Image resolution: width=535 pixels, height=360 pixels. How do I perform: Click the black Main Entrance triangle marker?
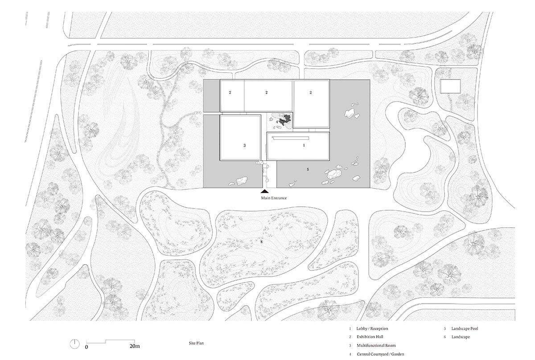[x=265, y=191]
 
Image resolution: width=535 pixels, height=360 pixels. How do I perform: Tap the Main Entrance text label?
[x=274, y=198]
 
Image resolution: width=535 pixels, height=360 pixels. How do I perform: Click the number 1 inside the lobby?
[x=304, y=145]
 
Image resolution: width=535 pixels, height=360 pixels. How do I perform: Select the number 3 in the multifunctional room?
[x=244, y=145]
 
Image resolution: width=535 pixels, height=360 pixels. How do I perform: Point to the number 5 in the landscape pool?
[x=308, y=169]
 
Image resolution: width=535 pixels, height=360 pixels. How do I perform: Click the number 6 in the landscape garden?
[x=262, y=242]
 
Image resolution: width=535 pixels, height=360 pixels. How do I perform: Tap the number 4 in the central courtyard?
[x=277, y=122]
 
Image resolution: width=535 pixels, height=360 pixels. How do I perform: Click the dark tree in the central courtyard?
[x=285, y=119]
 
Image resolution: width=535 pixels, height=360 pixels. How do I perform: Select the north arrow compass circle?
[x=74, y=344]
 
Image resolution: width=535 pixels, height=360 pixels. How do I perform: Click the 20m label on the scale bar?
[x=135, y=346]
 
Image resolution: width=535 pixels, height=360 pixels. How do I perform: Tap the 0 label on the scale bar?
[x=86, y=347]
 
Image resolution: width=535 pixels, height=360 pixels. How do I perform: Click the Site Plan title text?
[x=196, y=343]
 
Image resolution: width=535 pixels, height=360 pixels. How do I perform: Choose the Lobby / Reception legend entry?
[x=372, y=328]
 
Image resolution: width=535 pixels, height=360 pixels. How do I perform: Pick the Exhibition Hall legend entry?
[x=370, y=337]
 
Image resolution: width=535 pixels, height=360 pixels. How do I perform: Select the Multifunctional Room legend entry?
[x=376, y=345]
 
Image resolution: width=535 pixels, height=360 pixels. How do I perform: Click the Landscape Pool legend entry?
[x=465, y=328]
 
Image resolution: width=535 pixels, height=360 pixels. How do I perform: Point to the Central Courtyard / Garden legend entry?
[x=380, y=354]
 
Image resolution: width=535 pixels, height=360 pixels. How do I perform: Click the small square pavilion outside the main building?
[x=450, y=86]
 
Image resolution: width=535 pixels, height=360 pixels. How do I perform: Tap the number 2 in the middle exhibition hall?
[x=267, y=92]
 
